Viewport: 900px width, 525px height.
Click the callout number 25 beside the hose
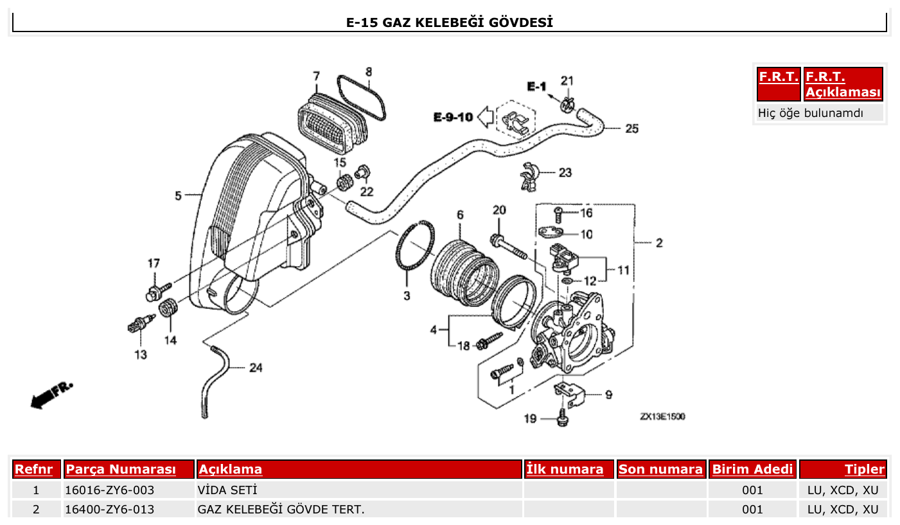pos(632,129)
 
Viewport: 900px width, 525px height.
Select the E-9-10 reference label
pos(453,117)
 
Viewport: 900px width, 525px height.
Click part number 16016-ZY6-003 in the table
pos(110,490)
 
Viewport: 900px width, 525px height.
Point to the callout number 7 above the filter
pos(316,76)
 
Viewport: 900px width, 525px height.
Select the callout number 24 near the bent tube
pos(256,368)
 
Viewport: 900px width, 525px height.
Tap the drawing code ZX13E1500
pos(662,416)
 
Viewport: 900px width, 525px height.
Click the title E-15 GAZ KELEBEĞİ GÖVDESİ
pos(450,23)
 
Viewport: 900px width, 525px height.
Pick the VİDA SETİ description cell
pos(227,490)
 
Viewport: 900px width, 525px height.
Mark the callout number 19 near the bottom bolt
pos(529,419)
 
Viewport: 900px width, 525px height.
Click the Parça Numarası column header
pos(121,469)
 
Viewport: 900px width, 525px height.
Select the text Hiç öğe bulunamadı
pos(811,113)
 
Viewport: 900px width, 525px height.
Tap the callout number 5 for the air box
pos(179,195)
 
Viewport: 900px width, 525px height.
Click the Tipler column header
pos(864,469)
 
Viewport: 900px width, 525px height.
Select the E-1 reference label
pos(536,87)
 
